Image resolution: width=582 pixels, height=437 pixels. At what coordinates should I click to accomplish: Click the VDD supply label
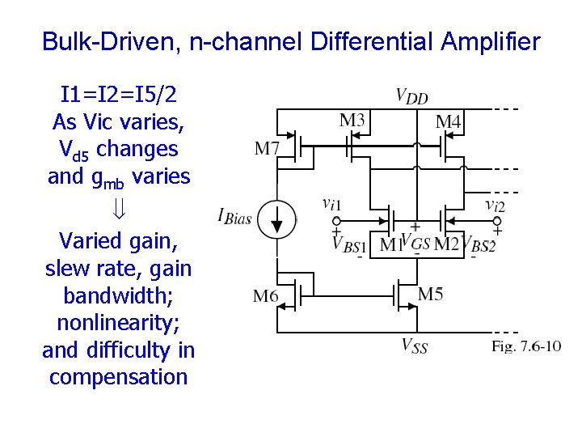pyautogui.click(x=411, y=96)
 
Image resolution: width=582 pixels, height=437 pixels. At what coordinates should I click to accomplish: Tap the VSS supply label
pyautogui.click(x=414, y=346)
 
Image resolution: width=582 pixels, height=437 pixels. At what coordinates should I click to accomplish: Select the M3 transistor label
pyautogui.click(x=352, y=121)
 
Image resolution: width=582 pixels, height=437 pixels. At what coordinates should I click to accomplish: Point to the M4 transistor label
pyautogui.click(x=449, y=122)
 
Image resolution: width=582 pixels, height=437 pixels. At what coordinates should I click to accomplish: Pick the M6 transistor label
pyautogui.click(x=267, y=296)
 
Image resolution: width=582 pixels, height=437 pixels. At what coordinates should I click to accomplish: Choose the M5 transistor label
pyautogui.click(x=430, y=294)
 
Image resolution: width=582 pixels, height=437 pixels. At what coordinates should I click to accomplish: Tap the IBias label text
pyautogui.click(x=234, y=215)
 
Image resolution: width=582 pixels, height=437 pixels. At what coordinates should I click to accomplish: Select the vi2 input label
pyautogui.click(x=495, y=205)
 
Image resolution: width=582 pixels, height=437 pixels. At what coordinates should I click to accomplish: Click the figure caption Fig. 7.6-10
pyautogui.click(x=526, y=346)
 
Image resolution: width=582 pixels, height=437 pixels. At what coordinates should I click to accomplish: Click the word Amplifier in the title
pyautogui.click(x=489, y=41)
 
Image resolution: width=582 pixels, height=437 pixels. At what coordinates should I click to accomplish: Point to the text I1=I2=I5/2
pyautogui.click(x=119, y=95)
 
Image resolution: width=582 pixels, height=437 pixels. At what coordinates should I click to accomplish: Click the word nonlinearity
pyautogui.click(x=118, y=323)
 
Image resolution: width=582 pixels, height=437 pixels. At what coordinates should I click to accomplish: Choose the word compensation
pyautogui.click(x=118, y=377)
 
